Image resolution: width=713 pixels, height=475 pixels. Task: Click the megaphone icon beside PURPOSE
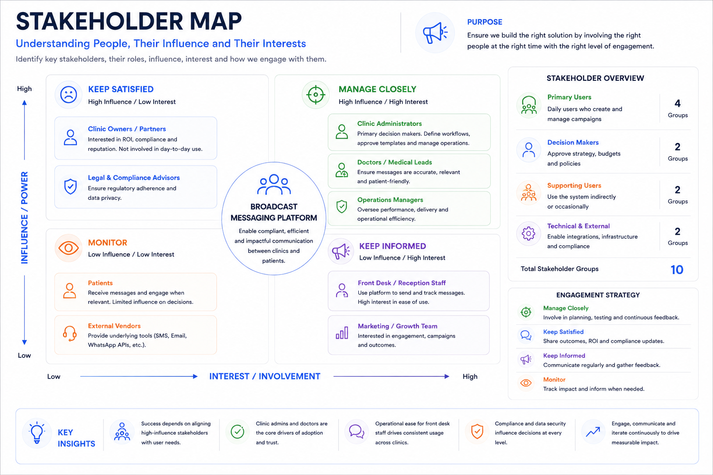435,32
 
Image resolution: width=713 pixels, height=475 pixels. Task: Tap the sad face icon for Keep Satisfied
68,95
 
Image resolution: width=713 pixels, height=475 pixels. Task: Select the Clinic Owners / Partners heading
127,129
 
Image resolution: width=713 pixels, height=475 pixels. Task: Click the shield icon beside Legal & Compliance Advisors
71,186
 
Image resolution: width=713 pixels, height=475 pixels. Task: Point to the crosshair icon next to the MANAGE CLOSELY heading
316,95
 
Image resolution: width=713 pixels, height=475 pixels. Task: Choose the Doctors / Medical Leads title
395,162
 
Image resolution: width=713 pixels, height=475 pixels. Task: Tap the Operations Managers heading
390,200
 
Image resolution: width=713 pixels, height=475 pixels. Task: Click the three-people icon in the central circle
274,184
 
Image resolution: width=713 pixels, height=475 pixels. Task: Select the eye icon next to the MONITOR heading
68,248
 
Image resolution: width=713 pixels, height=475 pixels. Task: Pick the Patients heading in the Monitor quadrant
100,283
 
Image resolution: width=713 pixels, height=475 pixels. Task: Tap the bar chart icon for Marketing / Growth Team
342,333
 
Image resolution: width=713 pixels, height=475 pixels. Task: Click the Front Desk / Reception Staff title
402,283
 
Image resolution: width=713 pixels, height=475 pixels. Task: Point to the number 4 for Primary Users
677,103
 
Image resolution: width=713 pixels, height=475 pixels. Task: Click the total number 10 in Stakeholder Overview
677,270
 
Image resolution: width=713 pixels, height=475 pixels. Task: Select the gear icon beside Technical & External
528,233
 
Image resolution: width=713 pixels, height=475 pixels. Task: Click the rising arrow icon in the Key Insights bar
593,432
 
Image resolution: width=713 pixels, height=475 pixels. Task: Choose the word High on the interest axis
470,376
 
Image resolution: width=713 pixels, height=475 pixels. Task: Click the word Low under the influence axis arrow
24,355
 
